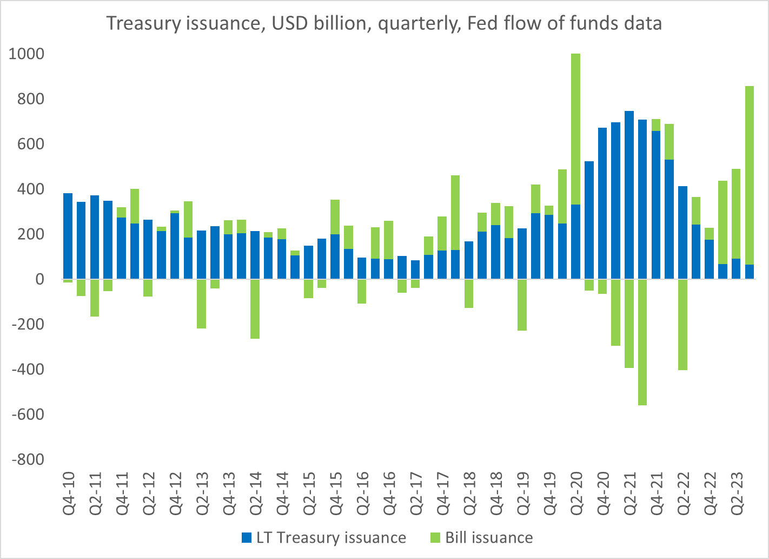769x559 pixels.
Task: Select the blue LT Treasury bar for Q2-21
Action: pyautogui.click(x=629, y=195)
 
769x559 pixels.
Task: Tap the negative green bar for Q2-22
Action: pyautogui.click(x=682, y=325)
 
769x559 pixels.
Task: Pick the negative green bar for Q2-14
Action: pyautogui.click(x=255, y=309)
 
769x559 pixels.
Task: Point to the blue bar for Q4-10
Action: pyautogui.click(x=68, y=236)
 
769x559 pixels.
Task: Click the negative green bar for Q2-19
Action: pyautogui.click(x=522, y=305)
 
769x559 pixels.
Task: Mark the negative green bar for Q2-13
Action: pyautogui.click(x=201, y=304)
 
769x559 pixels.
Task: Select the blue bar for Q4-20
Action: pyautogui.click(x=602, y=203)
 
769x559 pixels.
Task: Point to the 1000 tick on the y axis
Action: pyautogui.click(x=27, y=54)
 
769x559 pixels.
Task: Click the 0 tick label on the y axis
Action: pyautogui.click(x=40, y=279)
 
